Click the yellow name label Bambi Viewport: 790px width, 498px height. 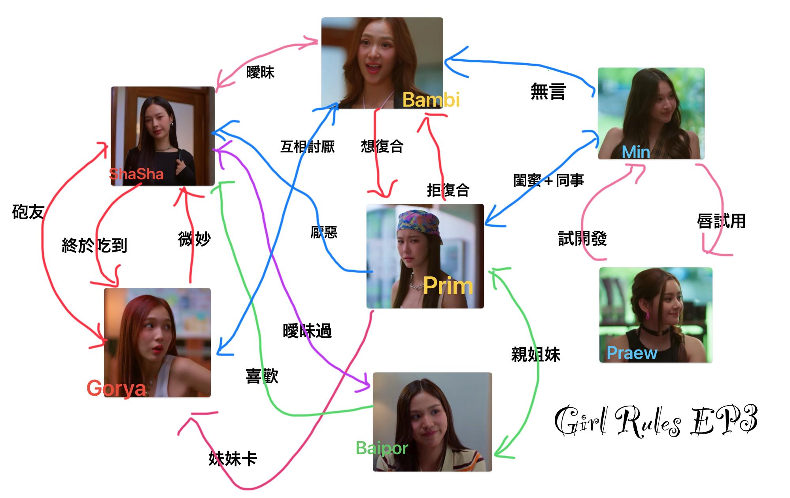[x=431, y=100]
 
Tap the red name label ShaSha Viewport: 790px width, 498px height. [x=136, y=174]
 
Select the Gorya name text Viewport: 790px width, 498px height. [x=116, y=388]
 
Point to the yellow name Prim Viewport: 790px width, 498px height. [x=448, y=286]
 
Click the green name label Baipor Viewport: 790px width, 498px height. [x=382, y=448]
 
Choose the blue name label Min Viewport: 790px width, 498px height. [x=635, y=152]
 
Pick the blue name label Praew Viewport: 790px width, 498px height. [x=632, y=353]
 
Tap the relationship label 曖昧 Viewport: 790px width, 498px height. [x=260, y=72]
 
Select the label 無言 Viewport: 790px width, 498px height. [x=548, y=91]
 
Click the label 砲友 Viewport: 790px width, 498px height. [x=28, y=212]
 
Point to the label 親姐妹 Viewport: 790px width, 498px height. [x=535, y=354]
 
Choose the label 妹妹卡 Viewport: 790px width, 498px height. [x=232, y=459]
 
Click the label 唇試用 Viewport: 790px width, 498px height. [x=721, y=221]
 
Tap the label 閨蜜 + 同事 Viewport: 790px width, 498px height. [x=548, y=180]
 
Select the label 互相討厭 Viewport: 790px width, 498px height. [x=307, y=147]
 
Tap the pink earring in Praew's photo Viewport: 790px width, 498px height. [x=648, y=316]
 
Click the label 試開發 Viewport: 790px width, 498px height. [x=582, y=239]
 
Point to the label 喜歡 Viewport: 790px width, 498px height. [x=262, y=376]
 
